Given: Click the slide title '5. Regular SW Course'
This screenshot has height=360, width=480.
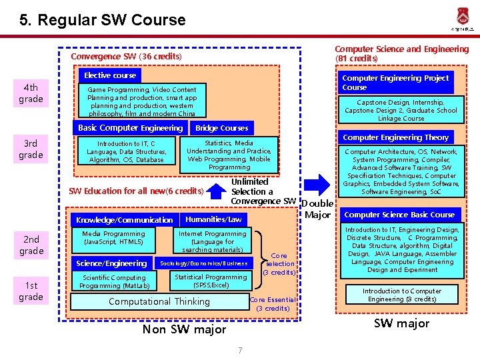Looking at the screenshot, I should coord(103,20).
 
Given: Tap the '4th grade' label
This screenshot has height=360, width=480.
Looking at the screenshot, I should coord(31,93).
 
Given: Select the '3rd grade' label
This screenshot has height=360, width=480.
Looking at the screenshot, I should coord(31,149).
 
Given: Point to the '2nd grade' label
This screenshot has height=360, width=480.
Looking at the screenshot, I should coord(31,245).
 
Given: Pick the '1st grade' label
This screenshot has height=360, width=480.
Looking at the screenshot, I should coord(31,291).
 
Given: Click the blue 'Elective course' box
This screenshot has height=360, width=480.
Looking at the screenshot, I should coord(110,76).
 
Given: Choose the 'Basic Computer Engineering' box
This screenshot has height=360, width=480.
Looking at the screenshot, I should coord(130,128).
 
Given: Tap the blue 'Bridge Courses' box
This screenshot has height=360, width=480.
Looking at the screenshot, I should coord(221,128).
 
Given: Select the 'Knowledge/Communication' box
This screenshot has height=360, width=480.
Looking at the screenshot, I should coord(124,220).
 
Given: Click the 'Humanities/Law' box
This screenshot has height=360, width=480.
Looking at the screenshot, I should coord(213,219).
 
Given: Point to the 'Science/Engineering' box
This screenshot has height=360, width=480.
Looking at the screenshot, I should coord(111,263).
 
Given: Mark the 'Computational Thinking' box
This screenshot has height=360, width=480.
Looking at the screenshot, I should coord(159,301).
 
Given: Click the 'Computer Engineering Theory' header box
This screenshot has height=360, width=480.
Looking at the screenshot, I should coord(395,138).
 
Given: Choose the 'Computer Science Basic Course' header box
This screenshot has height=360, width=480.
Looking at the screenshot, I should coord(399,215).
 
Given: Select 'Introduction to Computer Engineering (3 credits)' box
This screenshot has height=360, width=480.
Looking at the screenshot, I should coord(402,295).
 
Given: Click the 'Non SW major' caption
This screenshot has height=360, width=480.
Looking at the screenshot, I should coord(184,329).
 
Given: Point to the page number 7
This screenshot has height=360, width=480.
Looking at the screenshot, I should coord(239,351).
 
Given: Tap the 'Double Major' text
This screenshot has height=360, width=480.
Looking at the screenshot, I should coord(317,209).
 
